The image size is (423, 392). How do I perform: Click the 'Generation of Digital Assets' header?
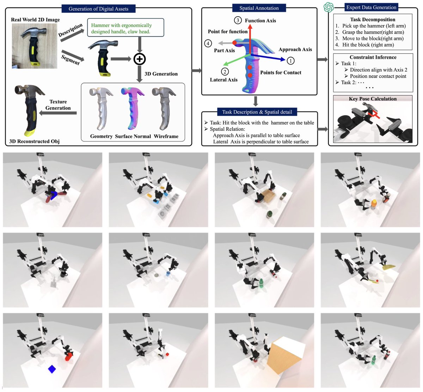coord(98,8)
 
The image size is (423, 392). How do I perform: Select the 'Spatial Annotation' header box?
coord(259,8)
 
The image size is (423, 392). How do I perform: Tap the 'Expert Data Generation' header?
coord(371,7)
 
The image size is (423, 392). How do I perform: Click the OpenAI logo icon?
coord(329,7)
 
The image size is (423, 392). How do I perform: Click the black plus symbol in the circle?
coord(140,59)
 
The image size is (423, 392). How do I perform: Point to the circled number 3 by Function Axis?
coord(238,20)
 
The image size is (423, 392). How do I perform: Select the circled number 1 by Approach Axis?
coord(290,61)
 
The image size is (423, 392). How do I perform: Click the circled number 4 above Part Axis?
coord(208,43)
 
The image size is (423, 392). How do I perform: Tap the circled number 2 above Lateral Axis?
coord(225,72)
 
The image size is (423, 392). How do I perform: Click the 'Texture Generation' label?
coord(58,105)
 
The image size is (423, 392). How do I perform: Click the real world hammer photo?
coord(34,46)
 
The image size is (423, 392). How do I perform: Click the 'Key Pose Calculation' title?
coord(373,99)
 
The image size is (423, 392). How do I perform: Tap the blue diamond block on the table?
coord(52,369)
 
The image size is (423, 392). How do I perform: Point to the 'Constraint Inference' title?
coord(373,57)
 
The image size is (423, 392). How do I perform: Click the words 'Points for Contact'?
coord(281,73)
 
